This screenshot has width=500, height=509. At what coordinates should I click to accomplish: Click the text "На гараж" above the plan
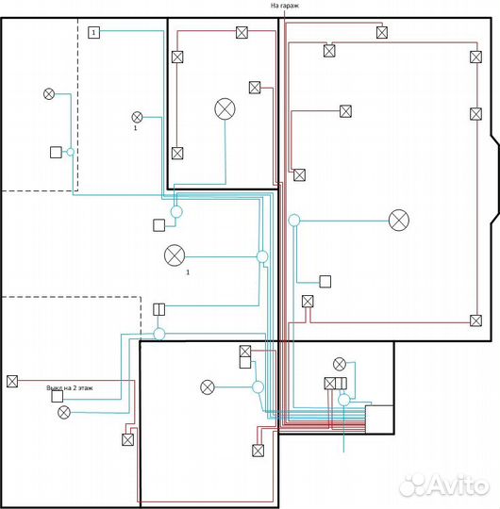tap(285, 6)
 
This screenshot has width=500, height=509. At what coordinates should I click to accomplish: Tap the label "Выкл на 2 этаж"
tap(70, 388)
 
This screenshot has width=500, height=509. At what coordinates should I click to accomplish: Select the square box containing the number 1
tap(94, 32)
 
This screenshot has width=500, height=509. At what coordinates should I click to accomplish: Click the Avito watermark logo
tap(443, 485)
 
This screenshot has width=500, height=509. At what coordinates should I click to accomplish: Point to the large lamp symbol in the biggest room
tap(399, 220)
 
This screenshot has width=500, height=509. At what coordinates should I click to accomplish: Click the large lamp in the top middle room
tap(225, 108)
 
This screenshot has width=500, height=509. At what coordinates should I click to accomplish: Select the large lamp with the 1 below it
tap(175, 255)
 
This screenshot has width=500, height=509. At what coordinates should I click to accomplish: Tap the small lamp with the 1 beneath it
tap(137, 117)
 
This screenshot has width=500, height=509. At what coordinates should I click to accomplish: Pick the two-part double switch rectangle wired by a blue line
tap(158, 309)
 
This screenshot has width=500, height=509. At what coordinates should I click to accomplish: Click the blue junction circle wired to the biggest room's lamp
tap(294, 220)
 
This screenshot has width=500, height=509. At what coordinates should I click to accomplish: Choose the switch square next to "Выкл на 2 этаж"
tap(58, 396)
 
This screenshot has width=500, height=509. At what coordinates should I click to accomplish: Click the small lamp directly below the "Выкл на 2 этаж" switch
tap(64, 412)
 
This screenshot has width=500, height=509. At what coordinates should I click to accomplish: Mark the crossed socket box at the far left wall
tap(12, 381)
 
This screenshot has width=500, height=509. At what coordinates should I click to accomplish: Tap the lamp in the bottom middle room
tap(208, 387)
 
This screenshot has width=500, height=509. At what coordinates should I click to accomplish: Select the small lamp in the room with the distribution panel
tap(340, 364)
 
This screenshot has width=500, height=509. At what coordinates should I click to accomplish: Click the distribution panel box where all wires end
tap(379, 419)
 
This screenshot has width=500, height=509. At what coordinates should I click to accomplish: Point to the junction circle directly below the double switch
tap(159, 334)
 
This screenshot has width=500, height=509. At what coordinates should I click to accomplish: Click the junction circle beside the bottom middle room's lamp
tap(258, 387)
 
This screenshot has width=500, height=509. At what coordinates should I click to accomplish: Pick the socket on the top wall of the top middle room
tap(242, 32)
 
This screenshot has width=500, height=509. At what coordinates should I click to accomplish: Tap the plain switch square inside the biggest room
tap(325, 282)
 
